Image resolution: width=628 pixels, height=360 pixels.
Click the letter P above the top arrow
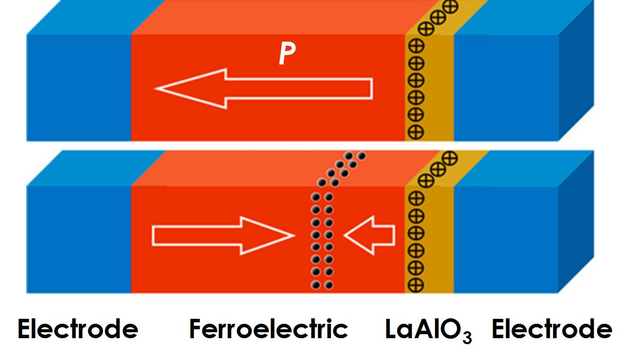coord(287,54)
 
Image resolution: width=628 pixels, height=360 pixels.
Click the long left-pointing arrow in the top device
coord(264,89)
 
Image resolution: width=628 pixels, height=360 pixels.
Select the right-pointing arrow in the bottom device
coord(223,236)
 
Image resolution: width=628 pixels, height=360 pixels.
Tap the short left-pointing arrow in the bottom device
coord(369,236)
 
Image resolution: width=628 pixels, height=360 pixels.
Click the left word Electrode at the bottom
coord(78,329)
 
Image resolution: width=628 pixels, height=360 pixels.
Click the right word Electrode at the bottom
coord(552,329)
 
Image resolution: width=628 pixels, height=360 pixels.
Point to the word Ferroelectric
coord(268,329)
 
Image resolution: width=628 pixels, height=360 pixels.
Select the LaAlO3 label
coord(429,331)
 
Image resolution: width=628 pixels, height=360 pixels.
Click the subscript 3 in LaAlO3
coord(467,337)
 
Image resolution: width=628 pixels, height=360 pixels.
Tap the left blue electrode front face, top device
coord(78,87)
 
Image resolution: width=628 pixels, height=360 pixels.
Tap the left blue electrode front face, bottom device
coord(78,240)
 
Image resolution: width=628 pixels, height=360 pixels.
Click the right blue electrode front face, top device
coord(506,87)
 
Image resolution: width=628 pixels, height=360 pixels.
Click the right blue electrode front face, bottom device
coord(506,240)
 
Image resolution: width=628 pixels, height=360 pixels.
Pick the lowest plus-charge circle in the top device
coord(416,132)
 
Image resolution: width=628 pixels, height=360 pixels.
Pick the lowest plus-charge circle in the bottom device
coord(416,285)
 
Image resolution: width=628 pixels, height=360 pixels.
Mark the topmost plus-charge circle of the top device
coord(451,6)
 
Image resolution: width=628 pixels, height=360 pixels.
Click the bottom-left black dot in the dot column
coord(315,285)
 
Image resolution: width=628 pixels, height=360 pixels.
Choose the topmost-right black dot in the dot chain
coord(362,156)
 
